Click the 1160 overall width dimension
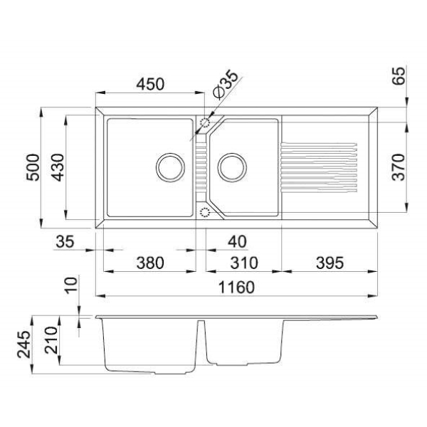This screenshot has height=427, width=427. coord(236,288)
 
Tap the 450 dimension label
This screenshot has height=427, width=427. coord(150,84)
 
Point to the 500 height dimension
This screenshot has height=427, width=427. coord(33,167)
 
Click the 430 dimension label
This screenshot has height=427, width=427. coord(58,167)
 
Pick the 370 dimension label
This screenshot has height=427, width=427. coord(399,167)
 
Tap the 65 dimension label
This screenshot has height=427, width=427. coord(399,75)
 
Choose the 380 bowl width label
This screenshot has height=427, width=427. coord(150,263)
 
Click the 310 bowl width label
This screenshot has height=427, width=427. coord(243,263)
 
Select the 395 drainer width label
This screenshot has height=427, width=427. coord(330,263)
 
